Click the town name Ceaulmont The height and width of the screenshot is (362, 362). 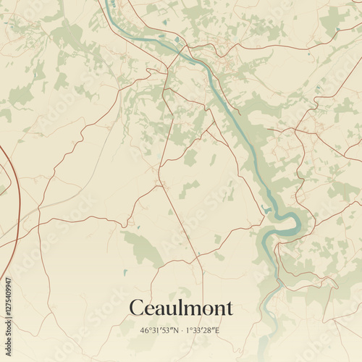(181, 308)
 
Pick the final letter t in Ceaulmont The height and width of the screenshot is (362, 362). (230, 308)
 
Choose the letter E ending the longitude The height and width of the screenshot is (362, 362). (216, 331)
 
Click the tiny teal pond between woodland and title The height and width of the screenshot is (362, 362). (125, 273)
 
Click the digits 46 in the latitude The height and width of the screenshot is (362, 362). (145, 331)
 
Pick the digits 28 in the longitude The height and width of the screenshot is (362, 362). (209, 331)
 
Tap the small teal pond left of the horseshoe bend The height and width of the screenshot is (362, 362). (267, 210)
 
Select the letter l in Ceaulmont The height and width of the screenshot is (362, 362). (185, 308)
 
